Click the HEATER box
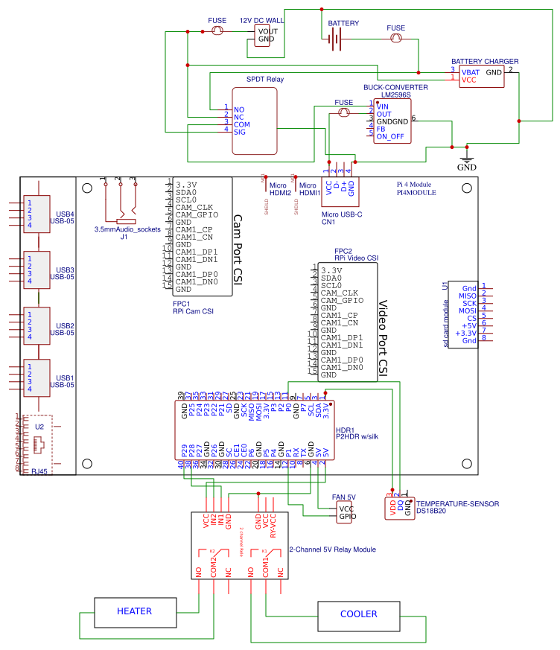pyautogui.click(x=134, y=611)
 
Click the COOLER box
pyautogui.click(x=358, y=614)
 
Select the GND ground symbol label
pyautogui.click(x=467, y=168)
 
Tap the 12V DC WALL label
pyautogui.click(x=261, y=20)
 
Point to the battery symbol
pyautogui.click(x=335, y=41)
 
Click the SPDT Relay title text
pyautogui.click(x=264, y=78)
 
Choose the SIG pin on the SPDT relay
pyautogui.click(x=240, y=132)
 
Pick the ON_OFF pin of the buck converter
pyautogui.click(x=389, y=137)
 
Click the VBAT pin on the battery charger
pyautogui.click(x=470, y=71)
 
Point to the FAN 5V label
pyautogui.click(x=343, y=497)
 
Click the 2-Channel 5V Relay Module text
pyautogui.click(x=331, y=549)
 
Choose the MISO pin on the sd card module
pyautogui.click(x=468, y=296)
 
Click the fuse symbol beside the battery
pyautogui.click(x=396, y=37)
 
